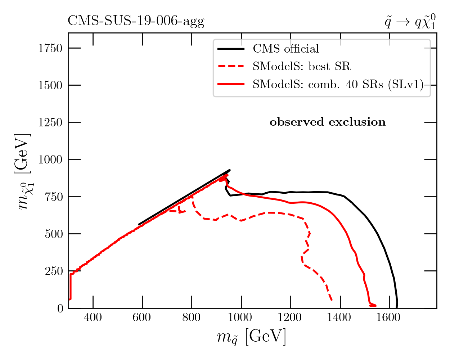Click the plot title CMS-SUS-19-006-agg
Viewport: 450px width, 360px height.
[x=136, y=22]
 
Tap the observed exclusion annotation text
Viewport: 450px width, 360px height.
[x=328, y=122]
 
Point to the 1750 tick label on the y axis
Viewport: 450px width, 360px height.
[x=50, y=48]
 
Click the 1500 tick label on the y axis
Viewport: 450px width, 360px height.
[x=50, y=85]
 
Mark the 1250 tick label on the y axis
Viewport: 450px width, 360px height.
[x=50, y=122]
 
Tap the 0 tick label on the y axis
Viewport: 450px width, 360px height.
[x=60, y=309]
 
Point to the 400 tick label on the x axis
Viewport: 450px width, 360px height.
[x=93, y=318]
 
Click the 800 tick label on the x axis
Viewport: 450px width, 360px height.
[x=192, y=318]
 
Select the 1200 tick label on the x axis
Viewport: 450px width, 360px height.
[x=290, y=318]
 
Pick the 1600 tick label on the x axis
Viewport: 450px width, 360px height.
[x=389, y=318]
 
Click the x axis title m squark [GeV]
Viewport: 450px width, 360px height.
[x=252, y=337]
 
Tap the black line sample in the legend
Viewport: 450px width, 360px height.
[x=231, y=49]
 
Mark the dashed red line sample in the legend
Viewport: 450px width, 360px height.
[x=231, y=66]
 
